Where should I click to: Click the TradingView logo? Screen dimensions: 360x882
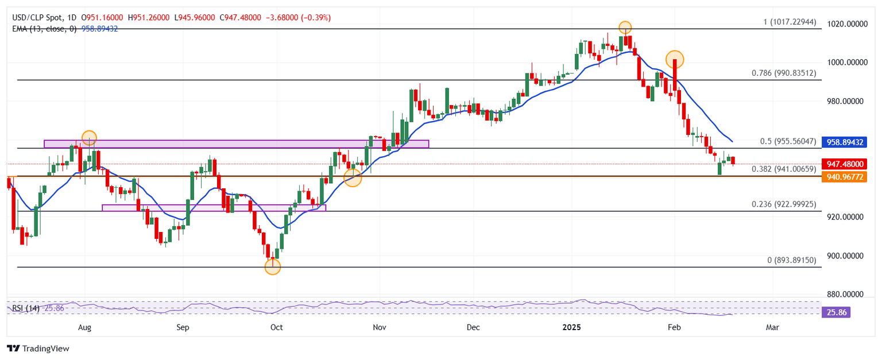click(37, 349)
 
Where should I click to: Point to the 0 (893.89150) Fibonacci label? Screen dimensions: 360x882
click(791, 260)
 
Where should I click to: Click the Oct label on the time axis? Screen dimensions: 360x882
click(276, 327)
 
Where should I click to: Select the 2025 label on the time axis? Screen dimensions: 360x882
click(571, 327)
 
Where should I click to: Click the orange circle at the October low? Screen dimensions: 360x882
click(273, 266)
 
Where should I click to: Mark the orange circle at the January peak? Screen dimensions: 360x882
click(625, 27)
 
